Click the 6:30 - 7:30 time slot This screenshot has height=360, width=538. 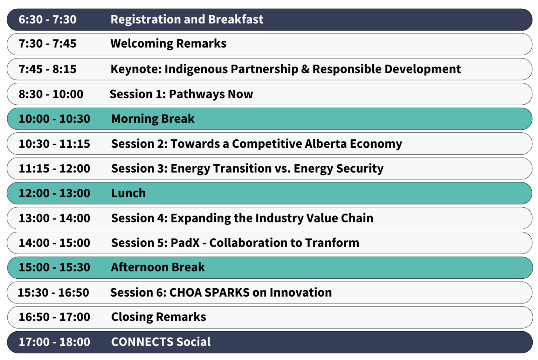click(47, 20)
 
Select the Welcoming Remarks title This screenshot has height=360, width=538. click(168, 44)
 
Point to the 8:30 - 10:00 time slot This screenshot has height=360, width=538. click(51, 94)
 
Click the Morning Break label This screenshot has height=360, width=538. click(153, 119)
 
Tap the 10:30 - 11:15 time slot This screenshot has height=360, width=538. click(54, 144)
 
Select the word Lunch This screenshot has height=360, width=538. click(128, 193)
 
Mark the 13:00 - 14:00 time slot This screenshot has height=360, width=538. click(54, 218)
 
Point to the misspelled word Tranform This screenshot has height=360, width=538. click(332, 243)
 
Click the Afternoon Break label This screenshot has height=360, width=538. click(158, 268)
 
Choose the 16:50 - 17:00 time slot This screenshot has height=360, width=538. click(54, 317)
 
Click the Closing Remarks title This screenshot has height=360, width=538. click(158, 317)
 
